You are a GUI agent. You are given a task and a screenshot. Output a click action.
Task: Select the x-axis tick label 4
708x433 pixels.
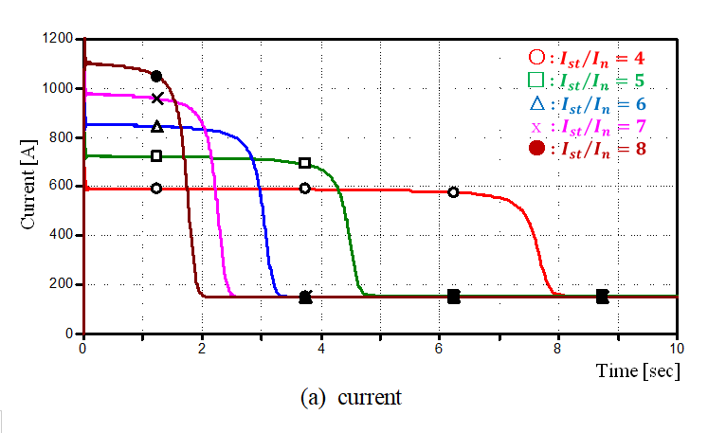[x=321, y=347]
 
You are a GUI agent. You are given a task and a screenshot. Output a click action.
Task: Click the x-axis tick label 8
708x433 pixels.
[x=558, y=347]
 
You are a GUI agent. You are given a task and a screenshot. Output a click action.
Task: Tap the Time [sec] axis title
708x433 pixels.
[x=637, y=370]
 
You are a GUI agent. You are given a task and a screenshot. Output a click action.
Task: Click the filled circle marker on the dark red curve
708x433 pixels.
[x=156, y=76]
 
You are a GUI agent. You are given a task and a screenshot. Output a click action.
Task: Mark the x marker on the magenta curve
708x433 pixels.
[x=157, y=98]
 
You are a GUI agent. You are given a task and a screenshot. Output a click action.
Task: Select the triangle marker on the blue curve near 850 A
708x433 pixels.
[x=157, y=126]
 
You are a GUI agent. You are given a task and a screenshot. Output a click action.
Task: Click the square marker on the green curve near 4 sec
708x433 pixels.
[x=304, y=163]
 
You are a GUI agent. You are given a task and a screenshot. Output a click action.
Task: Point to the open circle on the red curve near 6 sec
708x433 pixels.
[x=453, y=191]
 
